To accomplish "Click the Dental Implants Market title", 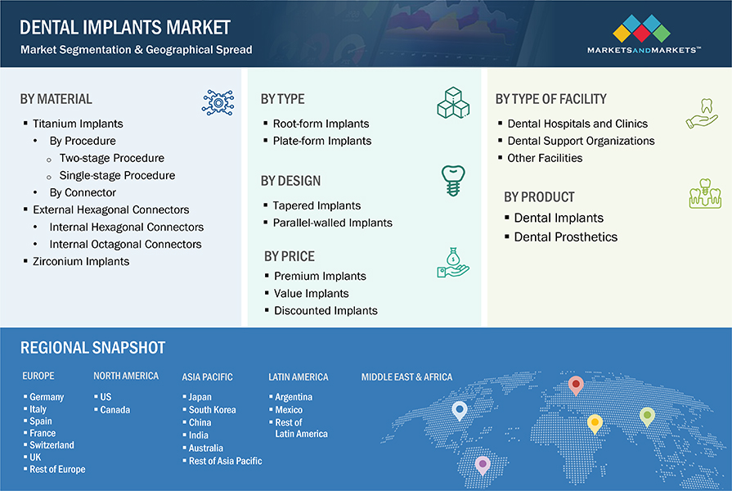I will [x=125, y=27].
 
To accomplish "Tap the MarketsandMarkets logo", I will [x=643, y=34].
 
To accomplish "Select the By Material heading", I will [x=56, y=99].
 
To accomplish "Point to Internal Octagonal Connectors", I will [x=125, y=244].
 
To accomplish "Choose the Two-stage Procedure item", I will [x=111, y=158].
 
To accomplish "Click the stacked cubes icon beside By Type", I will [x=452, y=103].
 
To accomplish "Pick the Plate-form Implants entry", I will [x=322, y=141].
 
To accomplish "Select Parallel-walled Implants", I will [x=332, y=223].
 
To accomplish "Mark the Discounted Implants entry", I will [x=326, y=310].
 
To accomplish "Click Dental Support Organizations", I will [x=581, y=141].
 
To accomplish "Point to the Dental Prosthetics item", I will [x=565, y=236].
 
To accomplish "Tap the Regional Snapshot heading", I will [x=92, y=348].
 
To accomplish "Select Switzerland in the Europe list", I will [x=51, y=445].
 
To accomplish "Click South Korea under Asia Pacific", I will [x=212, y=409].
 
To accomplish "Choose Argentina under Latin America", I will [x=294, y=397].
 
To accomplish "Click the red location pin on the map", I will [x=576, y=384].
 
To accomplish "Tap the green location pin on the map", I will [x=647, y=416].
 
